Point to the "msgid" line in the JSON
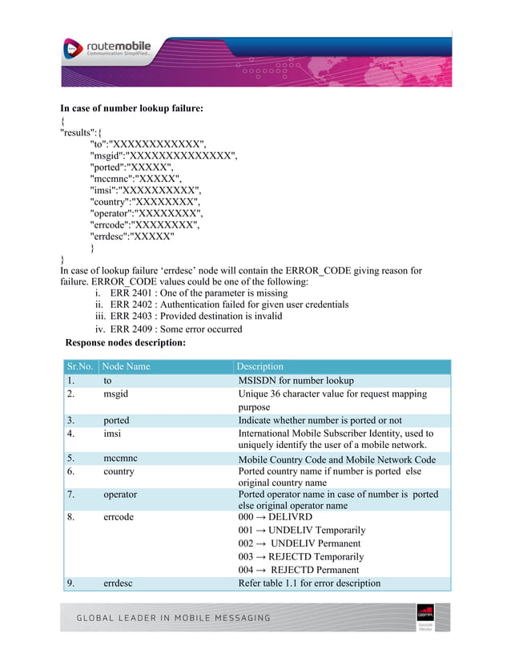(163, 155)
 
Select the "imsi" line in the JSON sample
(145, 190)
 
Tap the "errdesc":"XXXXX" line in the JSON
(131, 236)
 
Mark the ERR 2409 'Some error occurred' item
(176, 329)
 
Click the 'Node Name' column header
(127, 366)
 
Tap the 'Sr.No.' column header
(79, 366)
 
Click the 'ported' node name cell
(116, 420)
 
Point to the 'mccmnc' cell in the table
(120, 459)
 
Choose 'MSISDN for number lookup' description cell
(296, 381)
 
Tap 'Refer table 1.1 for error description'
(309, 583)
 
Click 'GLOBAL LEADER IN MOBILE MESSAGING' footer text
(173, 618)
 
